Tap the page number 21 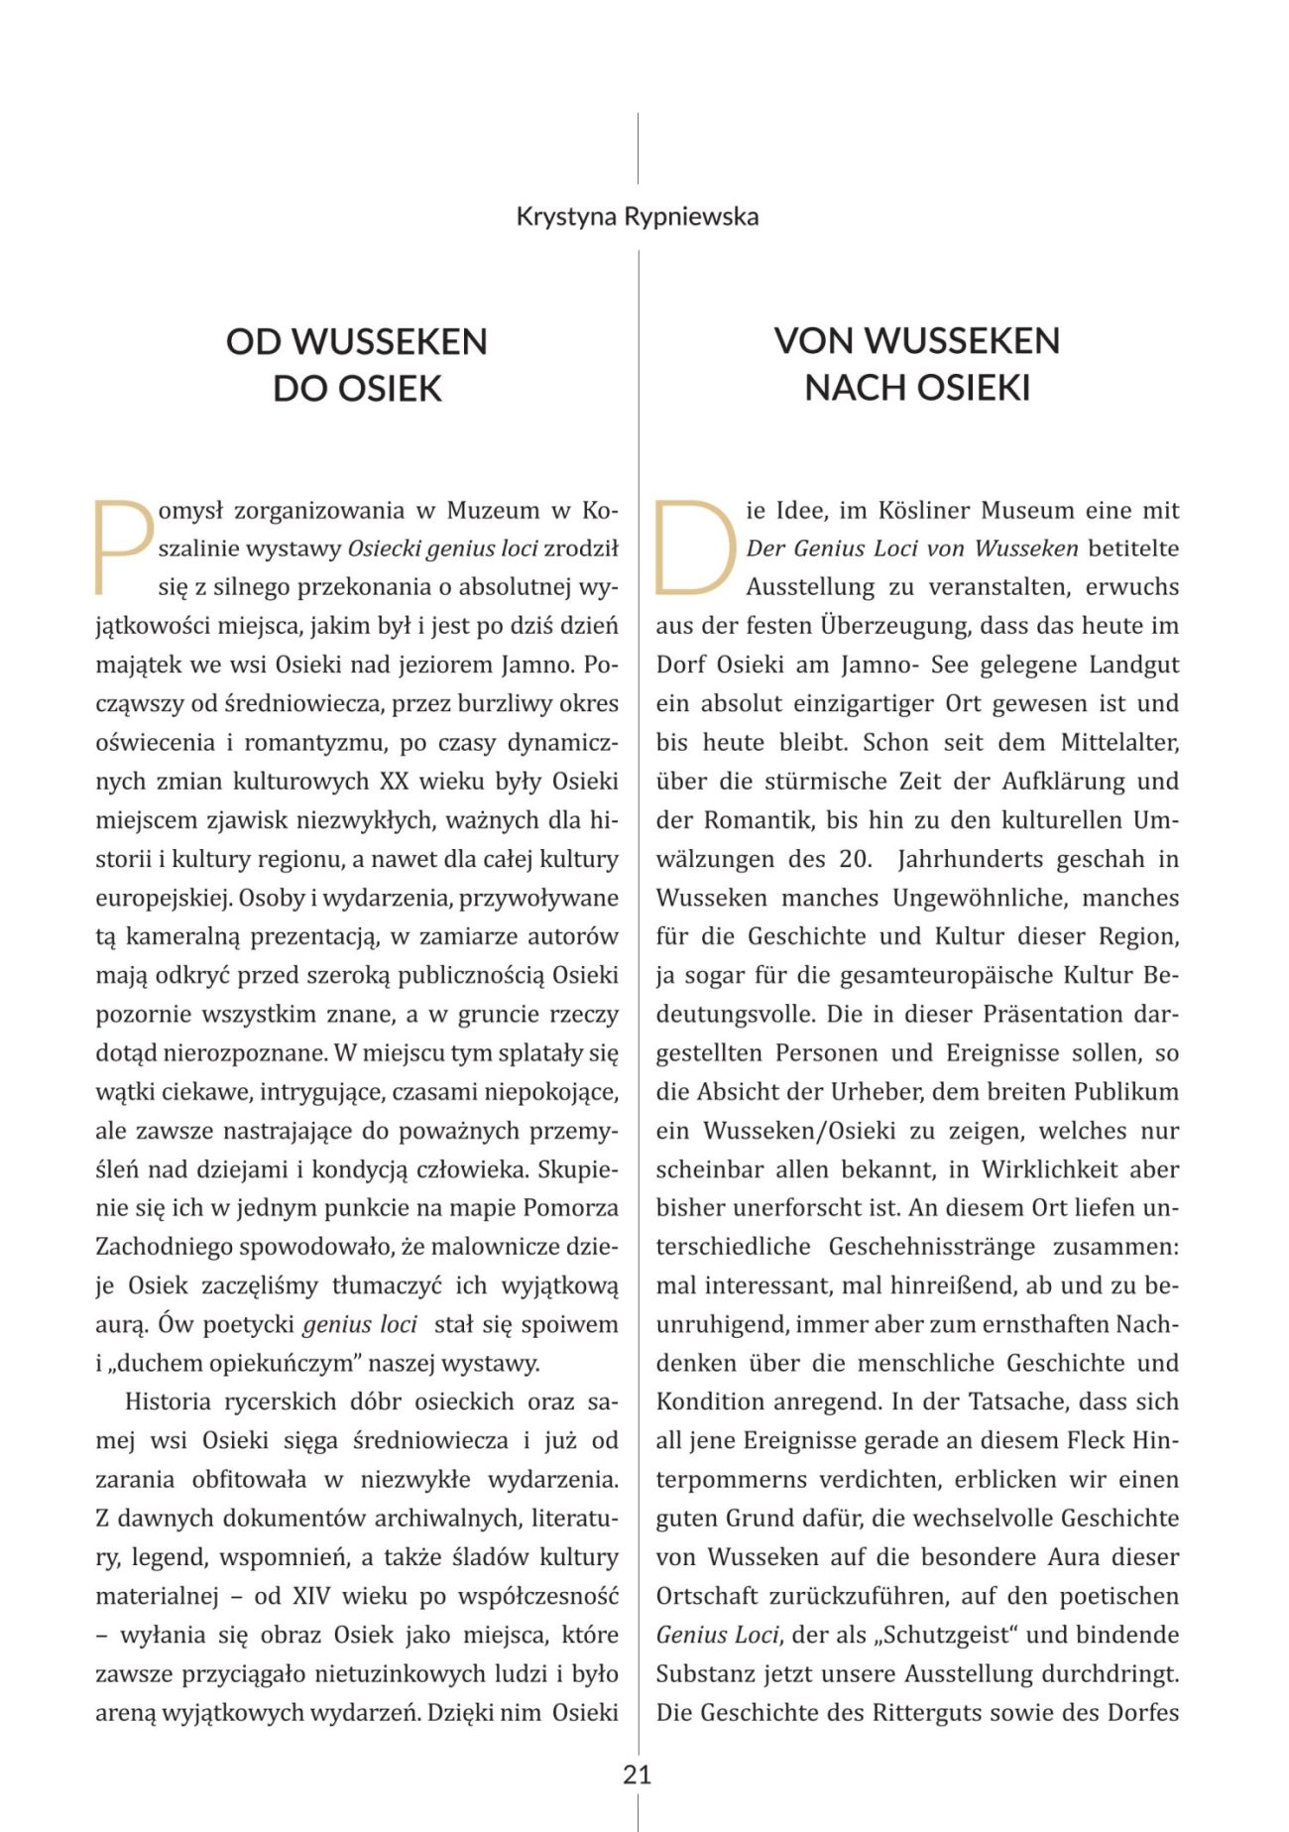638,1774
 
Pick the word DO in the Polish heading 299,388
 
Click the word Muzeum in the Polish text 493,511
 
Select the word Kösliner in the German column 924,511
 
